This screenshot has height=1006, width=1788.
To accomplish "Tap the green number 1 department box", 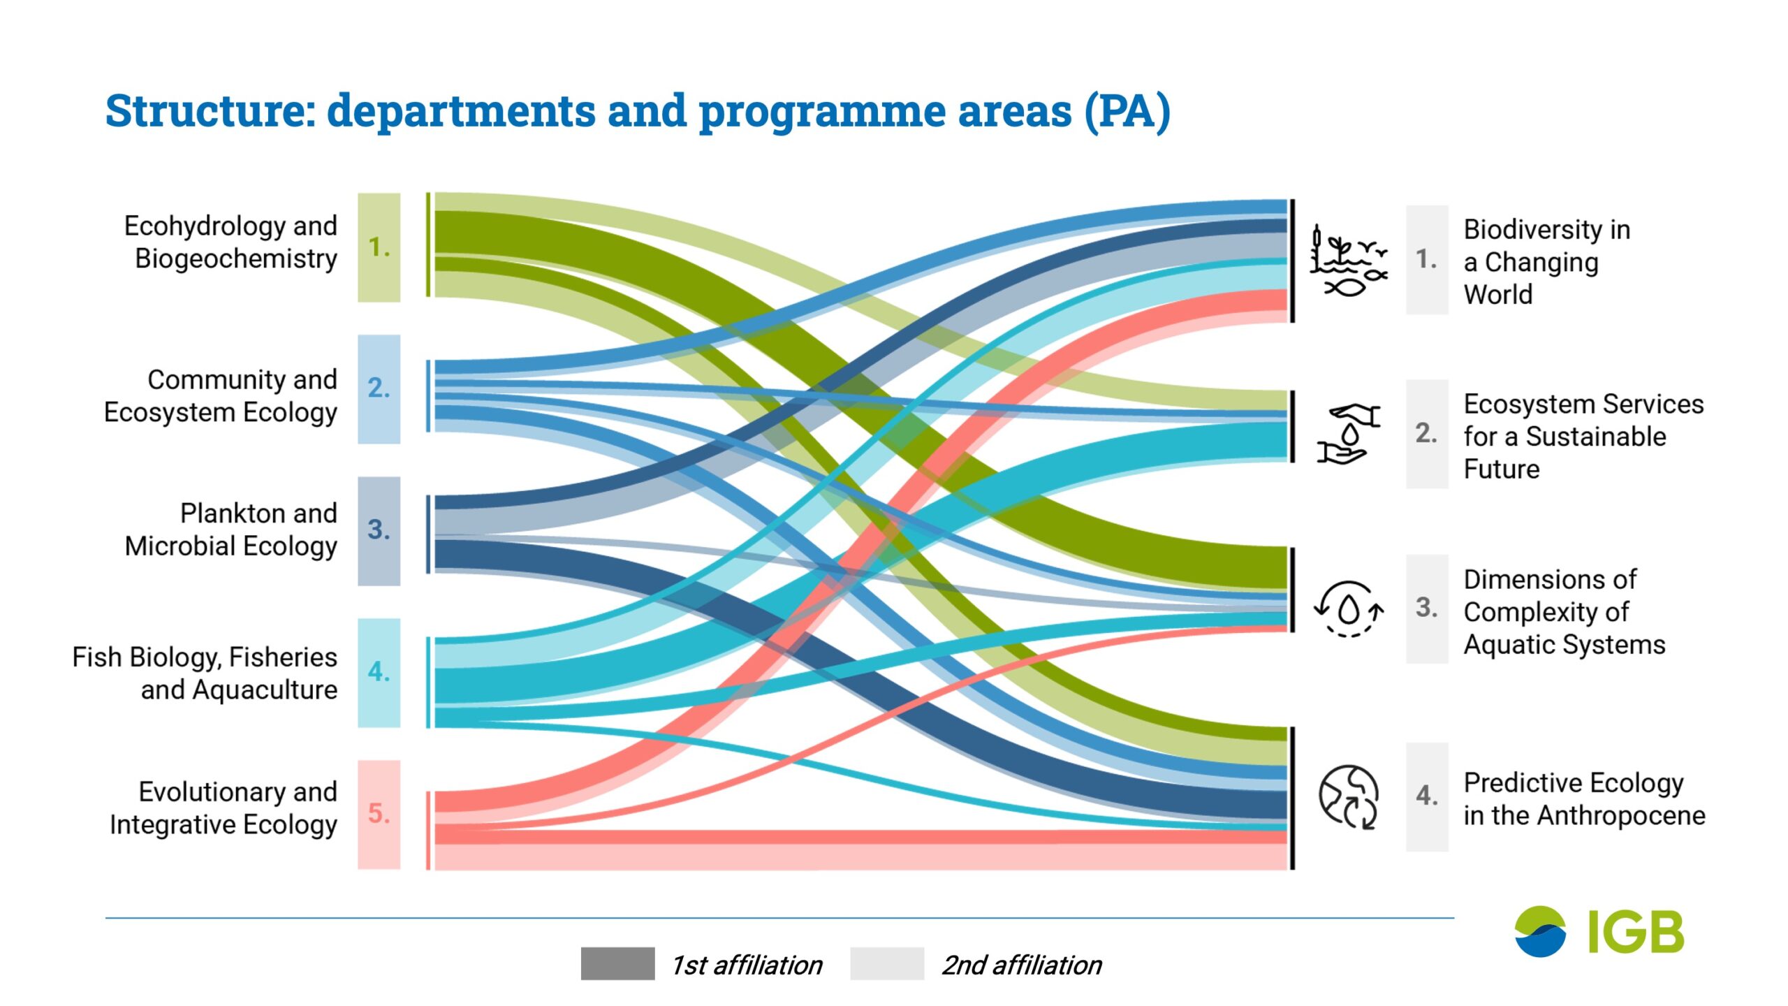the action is click(379, 247).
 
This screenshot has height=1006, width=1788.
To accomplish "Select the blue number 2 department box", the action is click(379, 389).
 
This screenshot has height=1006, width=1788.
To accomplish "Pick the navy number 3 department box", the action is click(379, 531).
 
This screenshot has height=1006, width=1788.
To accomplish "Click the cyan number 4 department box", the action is click(379, 673).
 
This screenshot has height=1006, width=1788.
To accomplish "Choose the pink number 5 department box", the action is click(379, 815).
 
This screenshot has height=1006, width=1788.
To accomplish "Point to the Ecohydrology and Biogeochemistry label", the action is click(231, 242).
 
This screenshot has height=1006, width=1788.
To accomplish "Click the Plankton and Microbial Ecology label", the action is click(231, 530).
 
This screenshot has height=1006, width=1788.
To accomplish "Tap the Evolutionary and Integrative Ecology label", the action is click(223, 808).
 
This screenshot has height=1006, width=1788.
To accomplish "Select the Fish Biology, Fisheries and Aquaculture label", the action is click(205, 673).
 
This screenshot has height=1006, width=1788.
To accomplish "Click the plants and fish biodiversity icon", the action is click(1349, 261).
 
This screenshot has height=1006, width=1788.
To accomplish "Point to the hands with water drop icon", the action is click(1349, 434).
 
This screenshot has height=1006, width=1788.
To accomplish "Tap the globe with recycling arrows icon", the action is click(1349, 797).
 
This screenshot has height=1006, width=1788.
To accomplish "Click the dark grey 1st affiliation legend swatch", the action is click(617, 964).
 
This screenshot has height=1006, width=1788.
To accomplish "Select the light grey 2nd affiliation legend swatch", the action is click(887, 964).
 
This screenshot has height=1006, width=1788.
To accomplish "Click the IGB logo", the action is click(1599, 932).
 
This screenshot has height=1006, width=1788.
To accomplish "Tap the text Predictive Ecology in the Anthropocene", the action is click(1584, 799).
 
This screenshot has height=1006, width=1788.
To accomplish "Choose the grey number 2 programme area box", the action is click(1427, 434).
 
